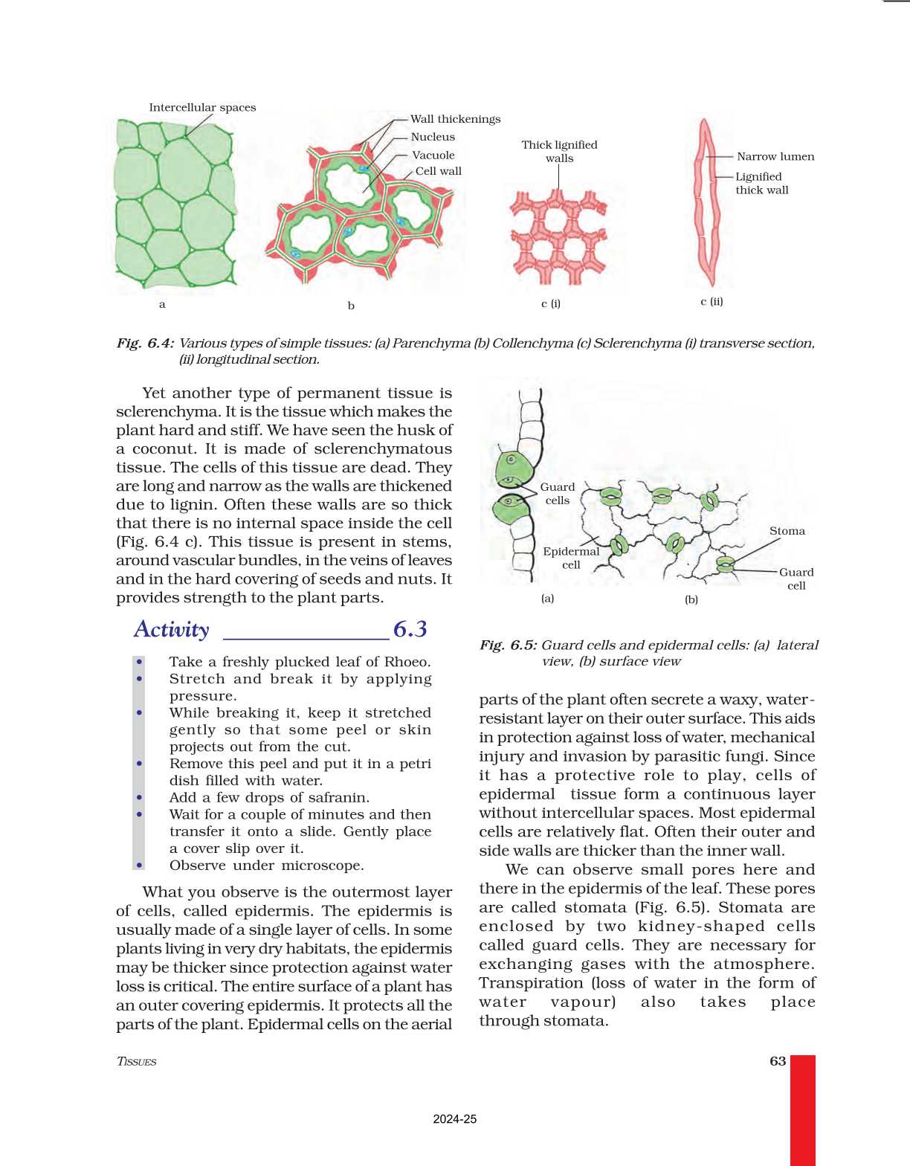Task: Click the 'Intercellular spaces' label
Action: (202, 108)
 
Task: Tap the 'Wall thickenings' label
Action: (455, 119)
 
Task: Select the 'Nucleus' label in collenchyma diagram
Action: (433, 137)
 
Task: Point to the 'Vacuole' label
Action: (433, 155)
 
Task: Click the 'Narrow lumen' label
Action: (775, 157)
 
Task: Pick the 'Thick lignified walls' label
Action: (559, 151)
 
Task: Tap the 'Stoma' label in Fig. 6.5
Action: (787, 531)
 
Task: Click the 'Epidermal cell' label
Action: (571, 558)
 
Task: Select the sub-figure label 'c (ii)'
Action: (711, 301)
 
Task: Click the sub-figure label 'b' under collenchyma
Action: (351, 306)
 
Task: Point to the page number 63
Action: (778, 1061)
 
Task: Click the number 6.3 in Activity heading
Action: (410, 629)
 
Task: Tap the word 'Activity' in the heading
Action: (172, 629)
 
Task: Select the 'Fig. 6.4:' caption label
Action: (145, 343)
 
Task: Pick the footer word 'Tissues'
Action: (137, 1061)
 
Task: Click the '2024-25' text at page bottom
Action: (455, 1119)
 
